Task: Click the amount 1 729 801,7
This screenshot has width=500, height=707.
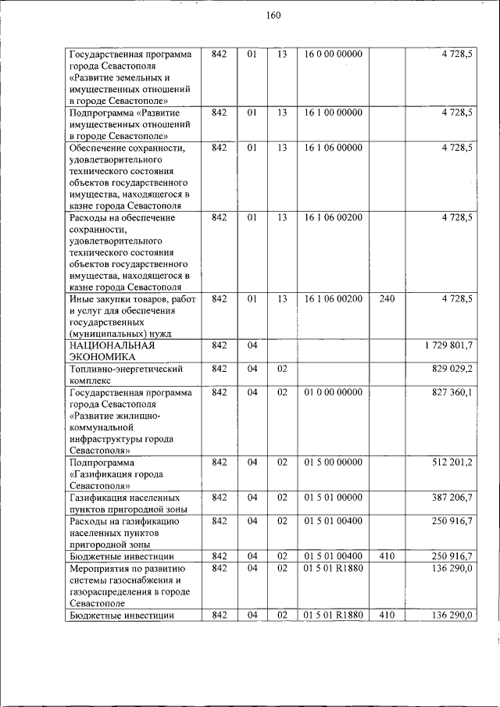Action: point(448,345)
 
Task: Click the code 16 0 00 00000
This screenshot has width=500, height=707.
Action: point(334,55)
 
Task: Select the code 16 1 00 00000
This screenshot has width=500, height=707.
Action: point(334,113)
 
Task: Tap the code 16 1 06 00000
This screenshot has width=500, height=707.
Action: point(334,148)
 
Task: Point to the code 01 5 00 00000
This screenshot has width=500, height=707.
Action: point(334,462)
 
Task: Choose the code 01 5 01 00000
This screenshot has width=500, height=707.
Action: point(334,498)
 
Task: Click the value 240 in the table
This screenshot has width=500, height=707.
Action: point(387,299)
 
